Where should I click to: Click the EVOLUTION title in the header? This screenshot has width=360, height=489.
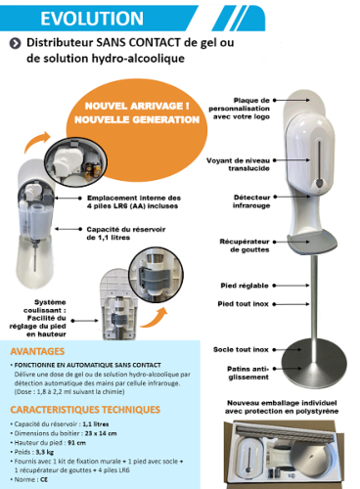(66, 18)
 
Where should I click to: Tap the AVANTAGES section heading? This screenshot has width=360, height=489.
(37, 350)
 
